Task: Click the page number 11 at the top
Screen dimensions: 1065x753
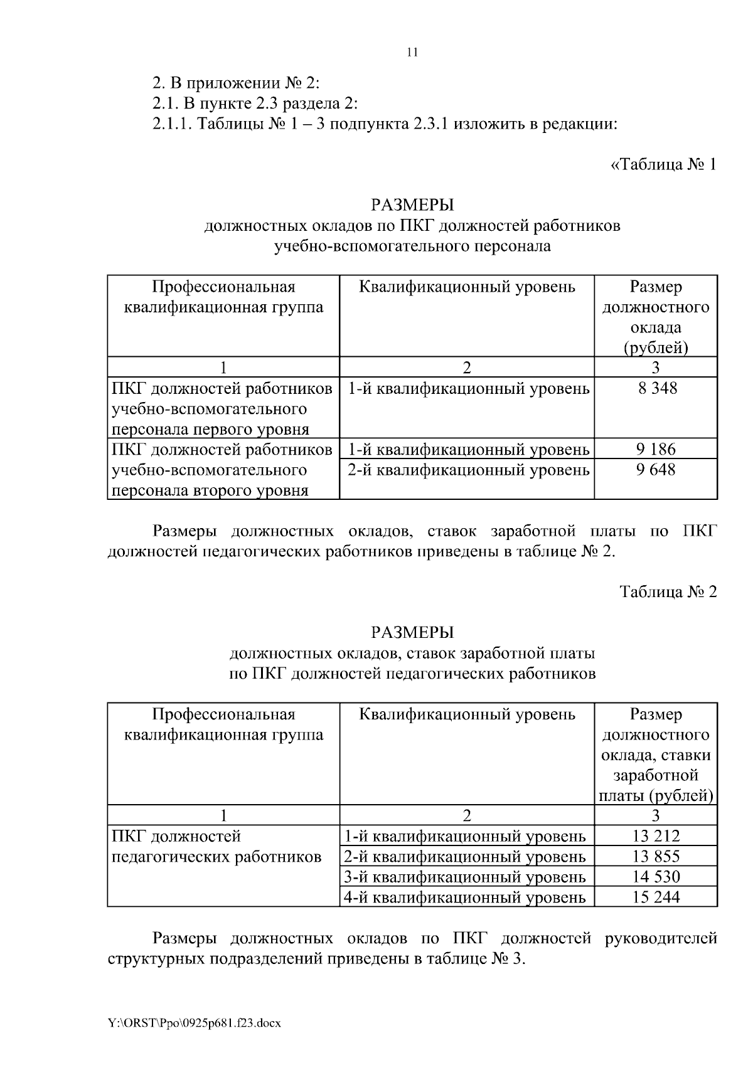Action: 412,53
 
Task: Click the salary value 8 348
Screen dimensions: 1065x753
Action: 656,388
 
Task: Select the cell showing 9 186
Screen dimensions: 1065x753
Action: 656,449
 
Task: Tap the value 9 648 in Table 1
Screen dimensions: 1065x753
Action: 656,469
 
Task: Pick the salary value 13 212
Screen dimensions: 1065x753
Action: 656,835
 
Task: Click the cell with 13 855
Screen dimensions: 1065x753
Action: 656,856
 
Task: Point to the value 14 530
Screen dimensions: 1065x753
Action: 656,876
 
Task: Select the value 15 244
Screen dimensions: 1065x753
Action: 656,897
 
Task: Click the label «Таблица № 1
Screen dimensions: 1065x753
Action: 663,165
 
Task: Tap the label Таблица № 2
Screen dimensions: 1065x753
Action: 668,592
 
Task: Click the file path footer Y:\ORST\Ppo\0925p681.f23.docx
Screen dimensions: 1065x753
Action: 194,1023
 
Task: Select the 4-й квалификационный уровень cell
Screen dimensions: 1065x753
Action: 465,897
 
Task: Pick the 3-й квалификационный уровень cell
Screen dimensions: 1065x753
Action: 465,876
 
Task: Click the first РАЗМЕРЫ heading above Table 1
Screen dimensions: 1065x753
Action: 412,205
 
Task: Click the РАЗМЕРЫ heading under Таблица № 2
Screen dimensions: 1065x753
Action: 412,632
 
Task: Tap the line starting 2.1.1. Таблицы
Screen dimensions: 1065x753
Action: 385,124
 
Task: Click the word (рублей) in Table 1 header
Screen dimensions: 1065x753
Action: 656,347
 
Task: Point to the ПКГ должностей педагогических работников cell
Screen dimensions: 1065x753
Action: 216,847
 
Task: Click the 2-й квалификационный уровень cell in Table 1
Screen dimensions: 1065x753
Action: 468,469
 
